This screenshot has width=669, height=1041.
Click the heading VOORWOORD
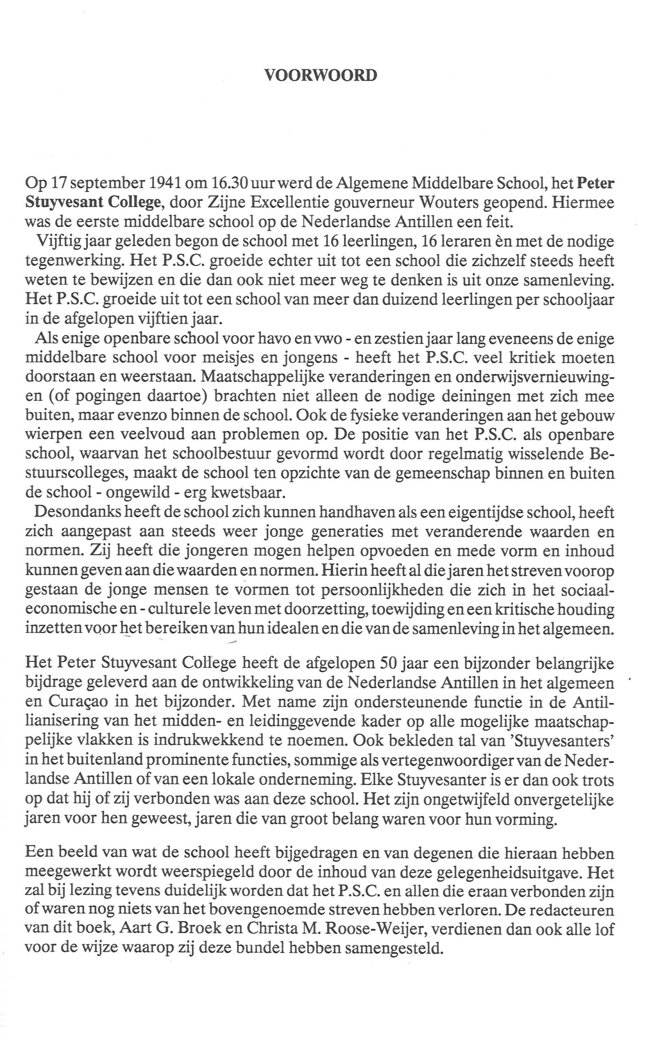pos(321,76)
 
